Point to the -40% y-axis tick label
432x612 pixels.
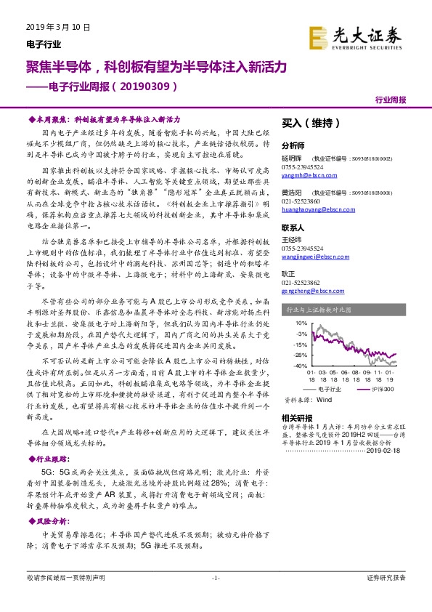point(299,366)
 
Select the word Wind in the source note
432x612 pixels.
point(324,400)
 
